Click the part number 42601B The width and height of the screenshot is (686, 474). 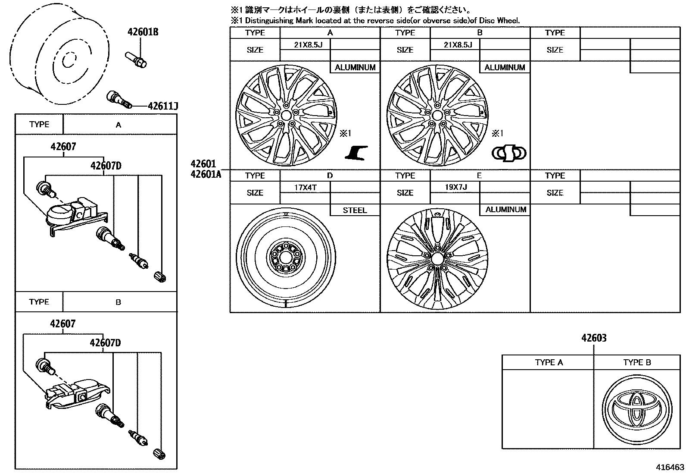[x=143, y=32]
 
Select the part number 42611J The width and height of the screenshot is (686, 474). [x=163, y=106]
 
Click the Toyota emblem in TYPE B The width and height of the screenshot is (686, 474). [x=636, y=408]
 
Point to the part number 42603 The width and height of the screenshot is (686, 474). [x=593, y=338]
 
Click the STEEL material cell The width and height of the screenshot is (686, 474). [x=355, y=210]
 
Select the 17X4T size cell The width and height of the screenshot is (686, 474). [x=305, y=187]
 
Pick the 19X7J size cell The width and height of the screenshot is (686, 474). [x=455, y=187]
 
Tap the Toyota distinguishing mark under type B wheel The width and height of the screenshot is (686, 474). [x=509, y=153]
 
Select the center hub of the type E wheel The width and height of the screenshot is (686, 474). [x=437, y=259]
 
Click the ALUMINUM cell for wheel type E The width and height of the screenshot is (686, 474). [x=505, y=210]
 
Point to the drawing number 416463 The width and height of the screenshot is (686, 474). [x=670, y=467]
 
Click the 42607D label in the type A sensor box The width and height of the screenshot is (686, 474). [x=106, y=166]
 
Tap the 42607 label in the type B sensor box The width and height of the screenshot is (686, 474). [x=63, y=323]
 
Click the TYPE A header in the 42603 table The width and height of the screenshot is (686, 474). [x=549, y=362]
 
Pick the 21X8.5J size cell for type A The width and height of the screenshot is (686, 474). [x=305, y=44]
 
